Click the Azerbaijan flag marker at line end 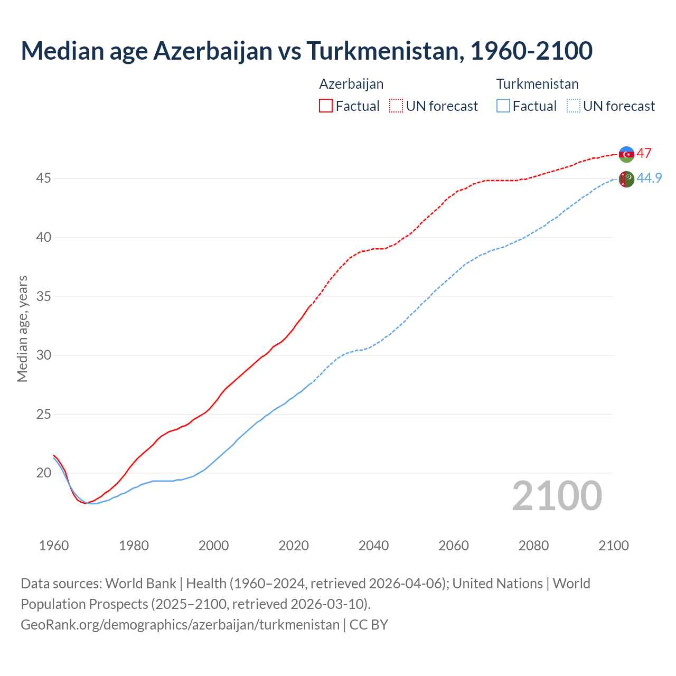[x=626, y=154]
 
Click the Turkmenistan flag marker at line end [x=626, y=180]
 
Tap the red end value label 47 [x=644, y=153]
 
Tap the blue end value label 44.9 [x=649, y=178]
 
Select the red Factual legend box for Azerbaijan [x=326, y=106]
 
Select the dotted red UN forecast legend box [x=396, y=106]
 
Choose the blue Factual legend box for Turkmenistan [x=503, y=106]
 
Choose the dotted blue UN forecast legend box [x=573, y=106]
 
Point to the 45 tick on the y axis [x=43, y=179]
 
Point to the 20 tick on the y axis [x=43, y=473]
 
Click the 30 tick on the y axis [x=43, y=355]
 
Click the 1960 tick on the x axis [x=54, y=546]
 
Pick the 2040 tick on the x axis [x=373, y=546]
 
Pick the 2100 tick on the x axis [x=613, y=546]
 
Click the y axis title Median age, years [x=22, y=328]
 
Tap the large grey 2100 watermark [x=557, y=495]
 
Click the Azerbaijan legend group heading [x=351, y=84]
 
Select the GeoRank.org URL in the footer [x=180, y=625]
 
